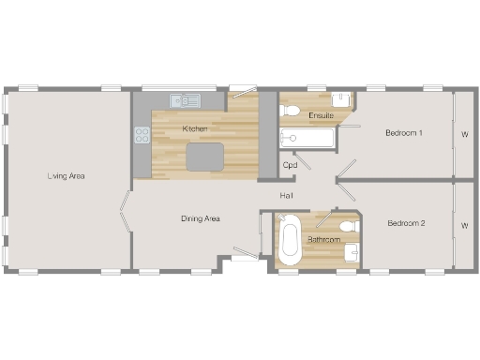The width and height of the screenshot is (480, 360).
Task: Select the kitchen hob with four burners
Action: (x=142, y=135)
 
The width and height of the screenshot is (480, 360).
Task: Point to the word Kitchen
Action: (x=195, y=127)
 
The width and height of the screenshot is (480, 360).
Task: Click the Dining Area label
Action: (x=200, y=218)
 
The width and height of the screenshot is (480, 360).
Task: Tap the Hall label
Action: (x=288, y=195)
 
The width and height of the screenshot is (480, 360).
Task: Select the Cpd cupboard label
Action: (x=291, y=165)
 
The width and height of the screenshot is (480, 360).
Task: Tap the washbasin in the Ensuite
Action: (x=344, y=99)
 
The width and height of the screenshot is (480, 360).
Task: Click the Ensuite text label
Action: (x=321, y=115)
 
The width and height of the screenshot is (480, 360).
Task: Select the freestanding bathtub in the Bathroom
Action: (x=290, y=240)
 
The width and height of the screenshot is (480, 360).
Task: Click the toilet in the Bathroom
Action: (x=349, y=226)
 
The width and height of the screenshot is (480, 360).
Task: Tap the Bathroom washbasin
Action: (x=352, y=251)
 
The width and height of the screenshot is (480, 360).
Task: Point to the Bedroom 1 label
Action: (x=404, y=133)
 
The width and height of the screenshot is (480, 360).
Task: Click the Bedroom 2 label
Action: (x=407, y=223)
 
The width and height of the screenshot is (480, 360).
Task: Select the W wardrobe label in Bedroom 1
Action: (x=464, y=133)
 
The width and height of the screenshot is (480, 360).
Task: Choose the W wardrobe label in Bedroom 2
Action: (x=464, y=225)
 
